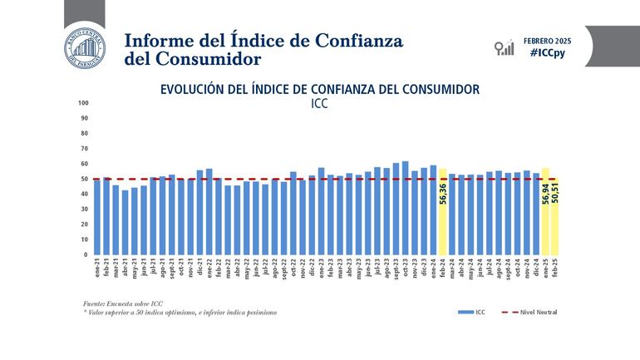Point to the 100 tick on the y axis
click(83, 104)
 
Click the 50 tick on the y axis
click(85, 179)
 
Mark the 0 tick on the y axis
click(86, 254)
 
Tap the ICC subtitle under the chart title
click(320, 104)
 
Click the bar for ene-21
click(97, 216)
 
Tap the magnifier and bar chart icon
click(504, 47)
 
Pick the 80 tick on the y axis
click(85, 134)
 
